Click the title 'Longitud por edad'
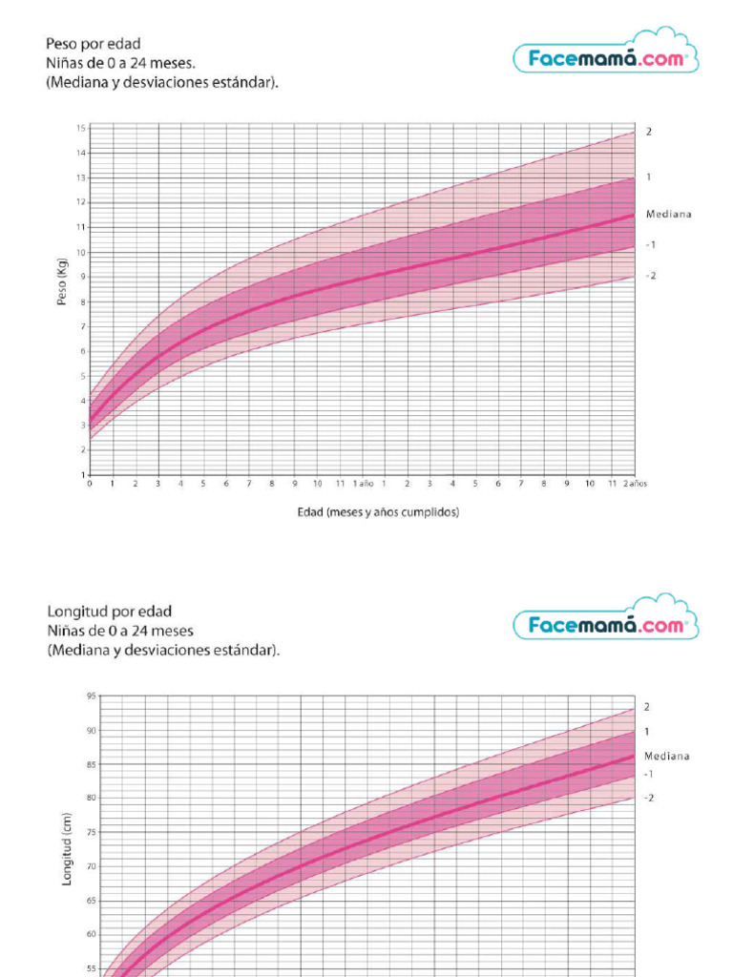[110, 611]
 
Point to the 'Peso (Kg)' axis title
[62, 283]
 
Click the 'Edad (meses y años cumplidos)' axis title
[379, 512]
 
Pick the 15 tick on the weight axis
[82, 128]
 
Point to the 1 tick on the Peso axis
[83, 474]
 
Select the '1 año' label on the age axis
[363, 484]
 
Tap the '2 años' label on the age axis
[636, 484]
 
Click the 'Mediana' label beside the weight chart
[668, 214]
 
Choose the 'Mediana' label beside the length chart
[666, 756]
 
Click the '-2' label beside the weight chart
[651, 276]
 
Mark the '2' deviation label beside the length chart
[647, 707]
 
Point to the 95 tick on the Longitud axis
[91, 696]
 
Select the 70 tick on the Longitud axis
[91, 865]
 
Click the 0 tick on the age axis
[90, 484]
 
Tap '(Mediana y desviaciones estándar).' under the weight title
[163, 83]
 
